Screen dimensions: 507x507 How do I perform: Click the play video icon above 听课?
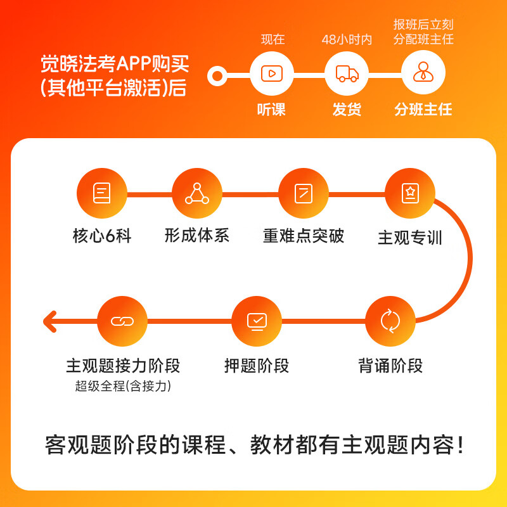(271, 74)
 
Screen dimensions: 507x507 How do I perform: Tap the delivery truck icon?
(347, 74)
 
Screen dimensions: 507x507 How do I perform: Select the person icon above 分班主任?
(423, 74)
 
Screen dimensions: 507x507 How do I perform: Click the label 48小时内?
(347, 39)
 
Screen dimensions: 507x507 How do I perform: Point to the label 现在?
(273, 39)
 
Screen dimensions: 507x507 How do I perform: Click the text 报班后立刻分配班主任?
(423, 32)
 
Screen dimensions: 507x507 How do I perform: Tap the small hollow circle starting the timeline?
(217, 77)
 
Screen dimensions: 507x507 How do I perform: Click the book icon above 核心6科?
(101, 193)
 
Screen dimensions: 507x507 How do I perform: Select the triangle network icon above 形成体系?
(197, 193)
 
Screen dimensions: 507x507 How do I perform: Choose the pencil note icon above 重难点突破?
(304, 193)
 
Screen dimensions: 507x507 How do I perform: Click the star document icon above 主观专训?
(410, 193)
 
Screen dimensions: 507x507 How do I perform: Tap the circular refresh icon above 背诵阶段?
(390, 321)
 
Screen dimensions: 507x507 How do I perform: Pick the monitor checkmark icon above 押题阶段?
(257, 321)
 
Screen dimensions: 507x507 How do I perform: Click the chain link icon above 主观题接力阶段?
(122, 321)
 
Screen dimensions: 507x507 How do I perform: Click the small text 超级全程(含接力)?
(123, 386)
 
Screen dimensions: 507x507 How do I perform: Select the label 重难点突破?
(304, 236)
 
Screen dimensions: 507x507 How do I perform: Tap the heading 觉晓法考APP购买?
(115, 64)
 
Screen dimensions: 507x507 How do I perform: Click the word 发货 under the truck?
(347, 109)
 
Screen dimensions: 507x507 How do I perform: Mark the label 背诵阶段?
(390, 366)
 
